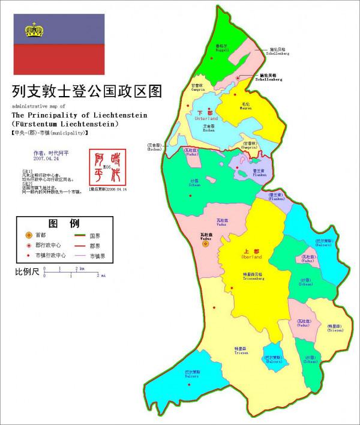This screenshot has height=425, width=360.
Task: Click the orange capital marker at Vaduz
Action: [206, 244]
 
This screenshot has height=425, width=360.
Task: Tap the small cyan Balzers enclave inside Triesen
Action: [272, 356]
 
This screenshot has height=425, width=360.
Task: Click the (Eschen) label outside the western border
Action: [154, 147]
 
